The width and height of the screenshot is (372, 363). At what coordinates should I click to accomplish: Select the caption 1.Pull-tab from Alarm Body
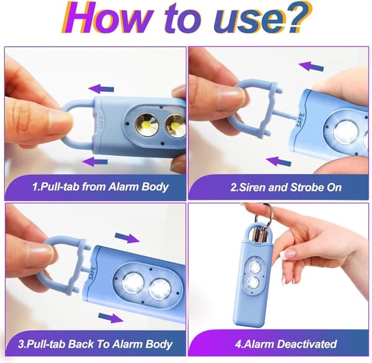coord(100,187)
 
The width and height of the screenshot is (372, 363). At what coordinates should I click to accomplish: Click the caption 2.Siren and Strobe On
coord(286,187)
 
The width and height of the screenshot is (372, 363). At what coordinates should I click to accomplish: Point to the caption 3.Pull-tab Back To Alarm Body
coord(95,344)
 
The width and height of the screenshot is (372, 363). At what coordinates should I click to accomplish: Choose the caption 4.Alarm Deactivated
coord(286,344)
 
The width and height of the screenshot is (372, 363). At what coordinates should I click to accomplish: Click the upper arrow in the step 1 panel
coord(101,89)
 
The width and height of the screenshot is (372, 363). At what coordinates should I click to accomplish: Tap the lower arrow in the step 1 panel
coord(95,162)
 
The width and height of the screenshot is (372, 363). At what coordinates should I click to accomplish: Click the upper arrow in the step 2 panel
coord(311,66)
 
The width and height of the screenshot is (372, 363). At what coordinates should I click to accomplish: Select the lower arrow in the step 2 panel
coord(278,161)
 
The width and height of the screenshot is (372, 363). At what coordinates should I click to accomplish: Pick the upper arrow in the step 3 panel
coord(127,238)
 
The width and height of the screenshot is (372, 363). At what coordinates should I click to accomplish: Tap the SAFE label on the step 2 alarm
coord(301,120)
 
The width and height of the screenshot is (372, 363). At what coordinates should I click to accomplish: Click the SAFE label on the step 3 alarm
coord(92,274)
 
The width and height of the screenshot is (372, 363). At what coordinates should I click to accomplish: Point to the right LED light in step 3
coord(160,290)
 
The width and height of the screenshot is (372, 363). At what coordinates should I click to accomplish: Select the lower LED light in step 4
coord(253,283)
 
